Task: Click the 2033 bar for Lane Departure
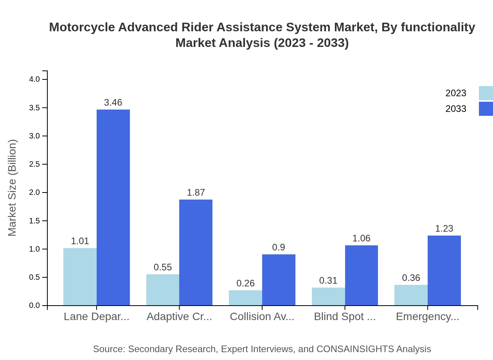[x=113, y=207]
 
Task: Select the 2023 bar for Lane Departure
[x=80, y=277]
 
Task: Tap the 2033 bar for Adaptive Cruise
[x=196, y=252]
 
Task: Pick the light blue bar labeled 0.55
[x=163, y=290]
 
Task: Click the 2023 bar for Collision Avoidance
[x=245, y=298]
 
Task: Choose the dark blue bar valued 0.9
[x=279, y=280]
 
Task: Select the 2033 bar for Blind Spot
[x=361, y=275]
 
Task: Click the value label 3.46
[x=113, y=103]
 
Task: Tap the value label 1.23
[x=444, y=229]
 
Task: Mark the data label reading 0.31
[x=328, y=281]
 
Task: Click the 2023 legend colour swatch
[x=486, y=93]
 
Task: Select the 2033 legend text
[x=456, y=109]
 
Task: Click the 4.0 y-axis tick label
[x=34, y=79]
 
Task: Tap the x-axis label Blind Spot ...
[x=345, y=317]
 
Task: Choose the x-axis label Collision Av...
[x=262, y=317]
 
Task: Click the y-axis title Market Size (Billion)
[x=13, y=188]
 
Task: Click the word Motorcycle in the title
[x=81, y=27]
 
